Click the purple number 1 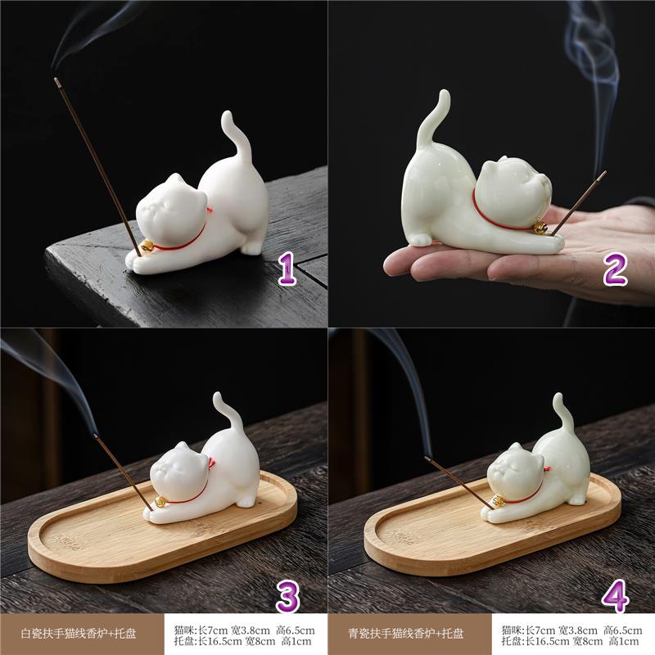pos(287,269)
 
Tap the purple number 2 pos(615,269)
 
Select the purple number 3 pos(287,597)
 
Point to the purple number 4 pos(616,596)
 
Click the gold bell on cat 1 pos(147,246)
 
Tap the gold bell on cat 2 pos(540,228)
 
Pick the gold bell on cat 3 pos(160,502)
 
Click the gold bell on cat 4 pos(499,500)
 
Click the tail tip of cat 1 pos(227,115)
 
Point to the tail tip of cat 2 pos(445,94)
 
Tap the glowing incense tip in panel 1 pos(56,79)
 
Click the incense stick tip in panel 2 pos(603,174)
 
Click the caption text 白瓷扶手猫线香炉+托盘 pos(79,634)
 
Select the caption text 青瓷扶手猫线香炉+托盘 pos(406,634)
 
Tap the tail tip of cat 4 pos(559,398)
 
